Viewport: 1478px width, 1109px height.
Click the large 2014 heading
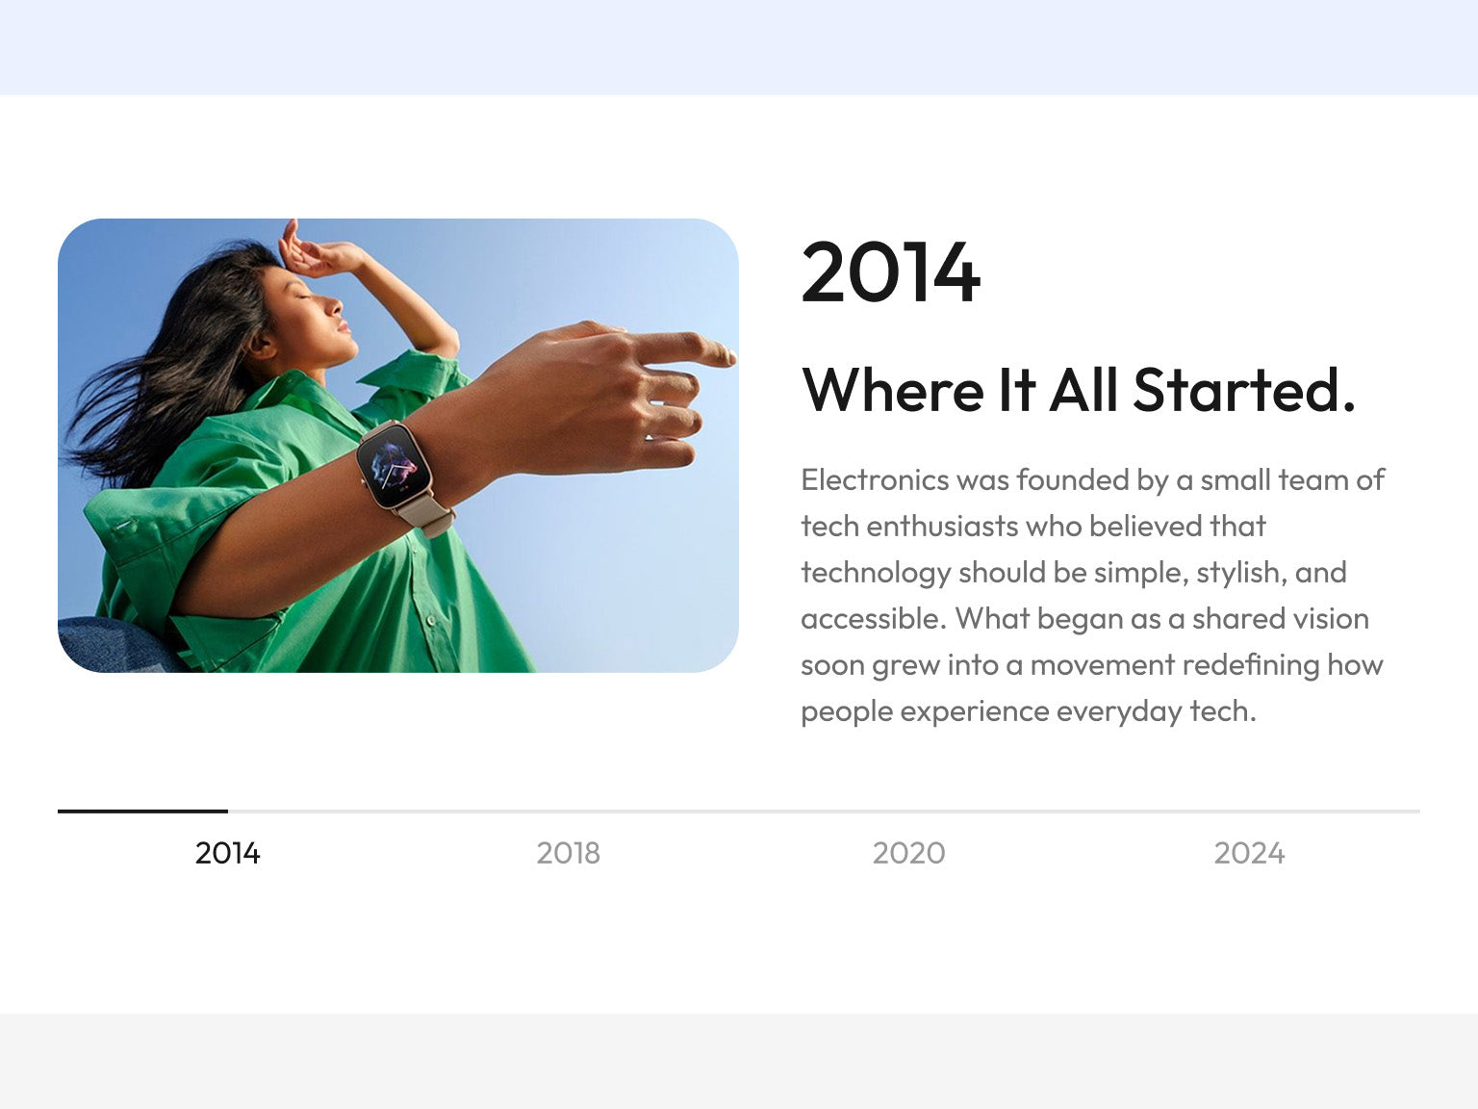[890, 272]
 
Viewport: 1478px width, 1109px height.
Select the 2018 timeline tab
[568, 853]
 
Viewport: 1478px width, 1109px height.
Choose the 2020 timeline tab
[908, 853]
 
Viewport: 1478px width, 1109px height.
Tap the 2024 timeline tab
[1249, 853]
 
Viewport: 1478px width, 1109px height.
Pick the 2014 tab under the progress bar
[228, 853]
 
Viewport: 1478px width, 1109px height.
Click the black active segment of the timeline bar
[142, 812]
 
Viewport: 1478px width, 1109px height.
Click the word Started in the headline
[1243, 390]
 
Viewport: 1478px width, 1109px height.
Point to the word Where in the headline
[892, 390]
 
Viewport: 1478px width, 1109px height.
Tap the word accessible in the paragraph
[874, 618]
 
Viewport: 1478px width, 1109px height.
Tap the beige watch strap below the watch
[425, 516]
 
